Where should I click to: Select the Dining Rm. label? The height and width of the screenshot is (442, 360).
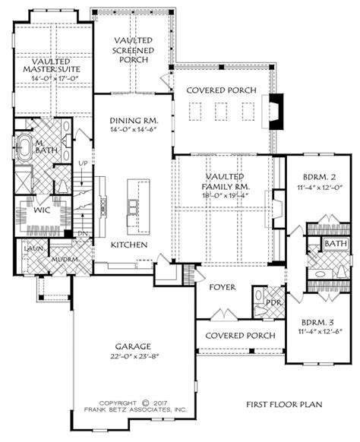[x=133, y=120]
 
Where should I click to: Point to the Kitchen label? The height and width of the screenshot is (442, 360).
[x=129, y=244]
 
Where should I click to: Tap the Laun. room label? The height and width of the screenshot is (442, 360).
[x=33, y=248]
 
